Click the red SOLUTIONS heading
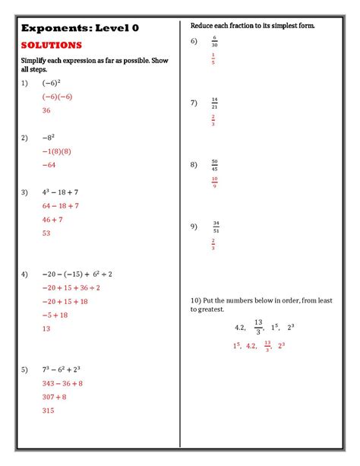click(x=51, y=45)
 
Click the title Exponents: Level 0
click(x=75, y=27)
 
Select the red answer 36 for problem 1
click(x=46, y=110)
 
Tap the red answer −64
click(x=49, y=164)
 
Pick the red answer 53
click(x=46, y=233)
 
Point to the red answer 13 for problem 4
click(x=46, y=328)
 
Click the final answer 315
click(x=49, y=411)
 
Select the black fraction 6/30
click(x=215, y=41)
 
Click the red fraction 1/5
click(x=214, y=59)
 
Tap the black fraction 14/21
click(x=215, y=103)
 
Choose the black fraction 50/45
click(x=215, y=164)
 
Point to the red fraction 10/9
click(x=215, y=182)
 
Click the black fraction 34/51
click(x=216, y=226)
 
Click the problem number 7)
click(x=194, y=103)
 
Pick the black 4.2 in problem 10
click(x=240, y=327)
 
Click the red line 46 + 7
click(x=55, y=219)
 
